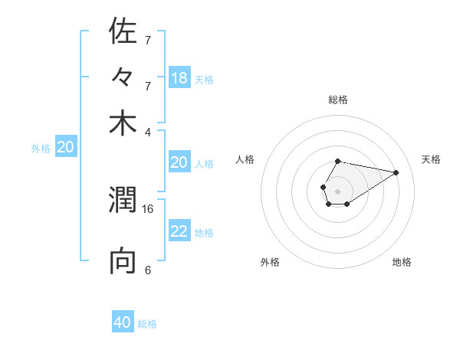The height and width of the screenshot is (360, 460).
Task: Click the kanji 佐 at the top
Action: click(123, 32)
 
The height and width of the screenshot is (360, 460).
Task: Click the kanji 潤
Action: click(123, 201)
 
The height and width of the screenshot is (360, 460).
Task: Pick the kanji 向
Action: click(123, 261)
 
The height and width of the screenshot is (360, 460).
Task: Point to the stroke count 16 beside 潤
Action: click(148, 208)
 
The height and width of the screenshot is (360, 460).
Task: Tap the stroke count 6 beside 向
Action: click(148, 270)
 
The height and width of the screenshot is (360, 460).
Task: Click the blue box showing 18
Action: click(179, 77)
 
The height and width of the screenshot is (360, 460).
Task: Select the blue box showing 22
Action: click(179, 231)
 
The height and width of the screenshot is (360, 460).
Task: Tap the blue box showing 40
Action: click(123, 322)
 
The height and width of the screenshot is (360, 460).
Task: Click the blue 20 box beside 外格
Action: click(66, 148)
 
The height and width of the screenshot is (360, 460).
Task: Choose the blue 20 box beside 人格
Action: click(179, 162)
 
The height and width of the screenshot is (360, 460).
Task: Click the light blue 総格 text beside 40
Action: click(148, 324)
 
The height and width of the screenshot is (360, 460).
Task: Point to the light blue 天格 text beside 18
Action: click(204, 79)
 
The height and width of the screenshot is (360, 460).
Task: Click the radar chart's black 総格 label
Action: click(337, 100)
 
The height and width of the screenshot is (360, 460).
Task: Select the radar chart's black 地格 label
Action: click(402, 262)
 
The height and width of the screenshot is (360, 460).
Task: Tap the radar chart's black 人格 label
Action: click(245, 159)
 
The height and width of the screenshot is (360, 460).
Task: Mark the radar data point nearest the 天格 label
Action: click(396, 172)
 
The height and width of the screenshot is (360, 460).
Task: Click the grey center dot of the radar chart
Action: click(337, 190)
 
